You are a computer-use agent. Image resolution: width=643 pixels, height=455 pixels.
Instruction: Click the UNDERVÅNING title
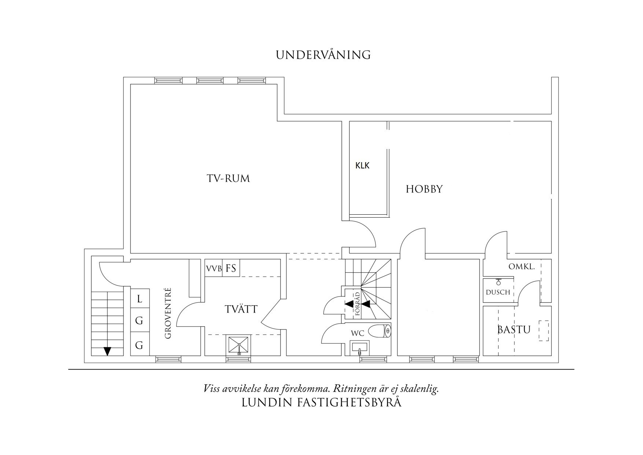pyautogui.click(x=323, y=55)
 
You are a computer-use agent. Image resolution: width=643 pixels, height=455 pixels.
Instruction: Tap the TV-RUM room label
pyautogui.click(x=228, y=179)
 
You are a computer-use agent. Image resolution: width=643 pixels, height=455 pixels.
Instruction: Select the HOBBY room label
pyautogui.click(x=424, y=189)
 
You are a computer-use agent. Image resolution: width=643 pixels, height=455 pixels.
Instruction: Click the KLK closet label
pyautogui.click(x=362, y=165)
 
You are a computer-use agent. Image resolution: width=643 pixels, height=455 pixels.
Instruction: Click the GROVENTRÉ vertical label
pyautogui.click(x=168, y=313)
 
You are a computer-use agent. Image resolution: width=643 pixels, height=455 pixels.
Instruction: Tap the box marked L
pyautogui.click(x=140, y=299)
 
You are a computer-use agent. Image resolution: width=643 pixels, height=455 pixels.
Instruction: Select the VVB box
pyautogui.click(x=214, y=269)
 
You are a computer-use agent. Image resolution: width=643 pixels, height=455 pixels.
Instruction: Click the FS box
pyautogui.click(x=231, y=269)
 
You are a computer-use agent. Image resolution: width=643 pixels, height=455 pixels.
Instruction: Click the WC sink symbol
pyautogui.click(x=360, y=347)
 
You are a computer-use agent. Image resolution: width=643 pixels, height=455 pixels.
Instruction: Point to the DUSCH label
pyautogui.click(x=498, y=292)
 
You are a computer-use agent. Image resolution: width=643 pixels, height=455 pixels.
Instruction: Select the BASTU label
pyautogui.click(x=514, y=330)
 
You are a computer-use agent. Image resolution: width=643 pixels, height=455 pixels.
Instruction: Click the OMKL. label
pyautogui.click(x=521, y=267)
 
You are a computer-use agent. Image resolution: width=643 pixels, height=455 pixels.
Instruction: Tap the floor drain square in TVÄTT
pyautogui.click(x=239, y=345)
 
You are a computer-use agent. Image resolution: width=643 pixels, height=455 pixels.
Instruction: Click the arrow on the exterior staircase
pyautogui.click(x=107, y=351)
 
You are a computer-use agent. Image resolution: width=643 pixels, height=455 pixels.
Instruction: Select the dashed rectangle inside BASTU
pyautogui.click(x=544, y=331)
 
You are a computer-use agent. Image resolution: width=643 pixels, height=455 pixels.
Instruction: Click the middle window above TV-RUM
pyautogui.click(x=210, y=80)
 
